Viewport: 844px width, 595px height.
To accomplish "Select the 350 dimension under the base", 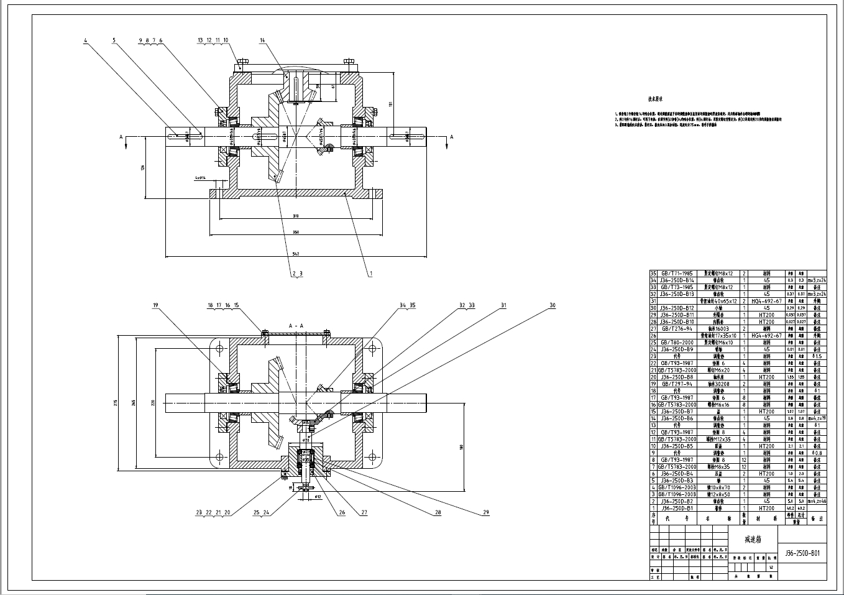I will click(296, 233).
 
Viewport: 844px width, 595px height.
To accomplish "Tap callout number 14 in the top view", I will click(262, 40).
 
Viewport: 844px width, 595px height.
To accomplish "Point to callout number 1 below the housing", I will click(371, 273).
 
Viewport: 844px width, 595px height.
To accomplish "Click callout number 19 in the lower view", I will click(156, 305).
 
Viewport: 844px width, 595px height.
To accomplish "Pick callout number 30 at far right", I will click(552, 305).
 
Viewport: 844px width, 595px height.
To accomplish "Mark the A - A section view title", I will click(296, 326).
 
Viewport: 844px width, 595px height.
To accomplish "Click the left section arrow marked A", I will click(121, 136).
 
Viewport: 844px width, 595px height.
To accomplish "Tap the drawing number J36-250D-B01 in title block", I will click(802, 553).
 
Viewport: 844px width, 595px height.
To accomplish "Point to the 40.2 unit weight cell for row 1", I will click(791, 508).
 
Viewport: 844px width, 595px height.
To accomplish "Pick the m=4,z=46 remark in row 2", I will click(814, 501).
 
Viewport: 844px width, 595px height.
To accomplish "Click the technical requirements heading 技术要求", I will click(656, 99).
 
